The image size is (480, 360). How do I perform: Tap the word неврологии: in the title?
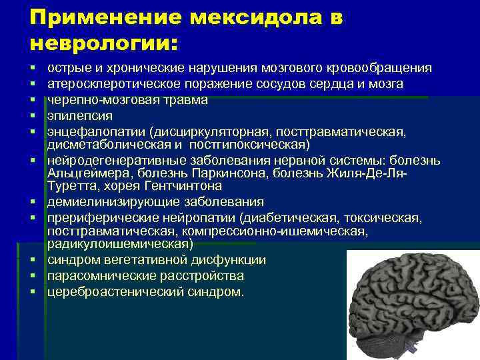104,43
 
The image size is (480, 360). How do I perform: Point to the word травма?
184,100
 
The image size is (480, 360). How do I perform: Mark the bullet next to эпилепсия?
32,115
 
